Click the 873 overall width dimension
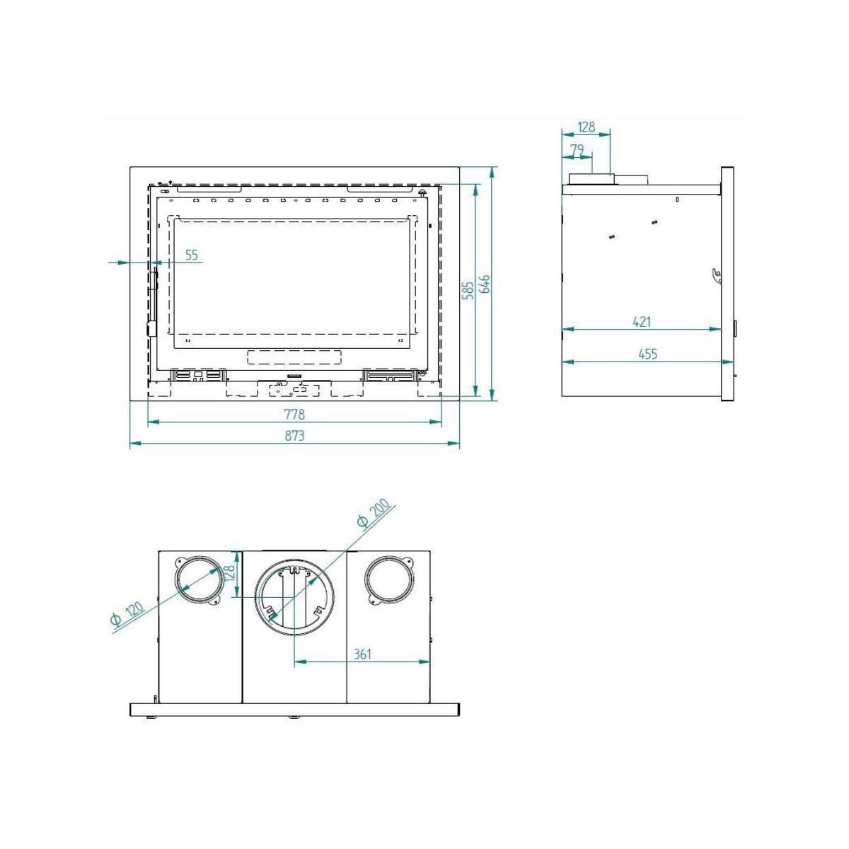tap(294, 436)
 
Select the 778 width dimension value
tap(294, 414)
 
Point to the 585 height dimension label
tap(468, 291)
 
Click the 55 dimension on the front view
tap(192, 255)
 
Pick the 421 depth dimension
tap(641, 322)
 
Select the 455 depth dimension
tap(647, 354)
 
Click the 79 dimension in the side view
tap(577, 150)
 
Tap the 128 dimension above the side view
tap(586, 127)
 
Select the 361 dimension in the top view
tap(362, 654)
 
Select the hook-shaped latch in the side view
tap(717, 275)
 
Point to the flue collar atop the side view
tap(591, 178)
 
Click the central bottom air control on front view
tap(294, 388)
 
